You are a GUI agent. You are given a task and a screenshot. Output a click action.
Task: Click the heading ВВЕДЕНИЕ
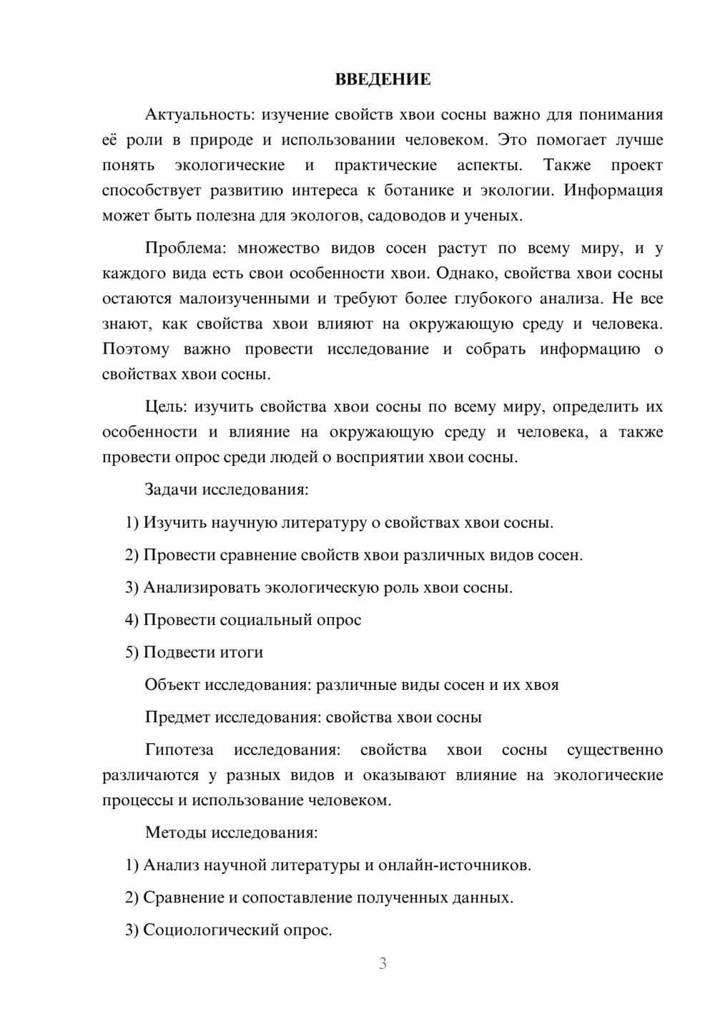(383, 79)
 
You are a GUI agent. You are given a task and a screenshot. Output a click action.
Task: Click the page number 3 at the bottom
(383, 964)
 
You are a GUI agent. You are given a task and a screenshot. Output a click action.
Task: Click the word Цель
(166, 407)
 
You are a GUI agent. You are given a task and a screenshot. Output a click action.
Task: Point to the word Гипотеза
(179, 750)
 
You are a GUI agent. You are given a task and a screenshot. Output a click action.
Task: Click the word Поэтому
(136, 349)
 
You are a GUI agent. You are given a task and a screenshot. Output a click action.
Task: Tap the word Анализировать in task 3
(202, 588)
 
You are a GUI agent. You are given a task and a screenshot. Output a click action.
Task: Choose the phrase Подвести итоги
(203, 652)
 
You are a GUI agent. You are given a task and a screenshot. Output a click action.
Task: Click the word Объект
(172, 685)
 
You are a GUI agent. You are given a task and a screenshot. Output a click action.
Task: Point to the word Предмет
(177, 717)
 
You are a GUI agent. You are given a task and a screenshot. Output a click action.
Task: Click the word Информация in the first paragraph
(614, 190)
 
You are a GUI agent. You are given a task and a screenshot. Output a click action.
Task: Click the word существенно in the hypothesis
(614, 750)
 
